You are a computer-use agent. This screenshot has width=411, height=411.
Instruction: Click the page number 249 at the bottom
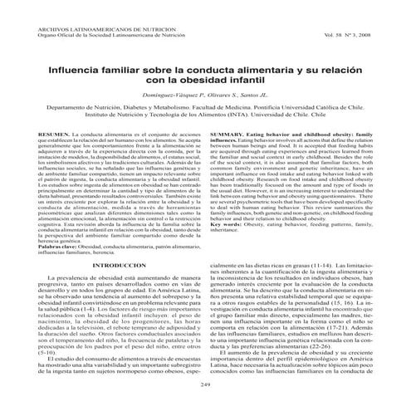[205, 385]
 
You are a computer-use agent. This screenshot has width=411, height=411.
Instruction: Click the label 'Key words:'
[228, 202]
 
